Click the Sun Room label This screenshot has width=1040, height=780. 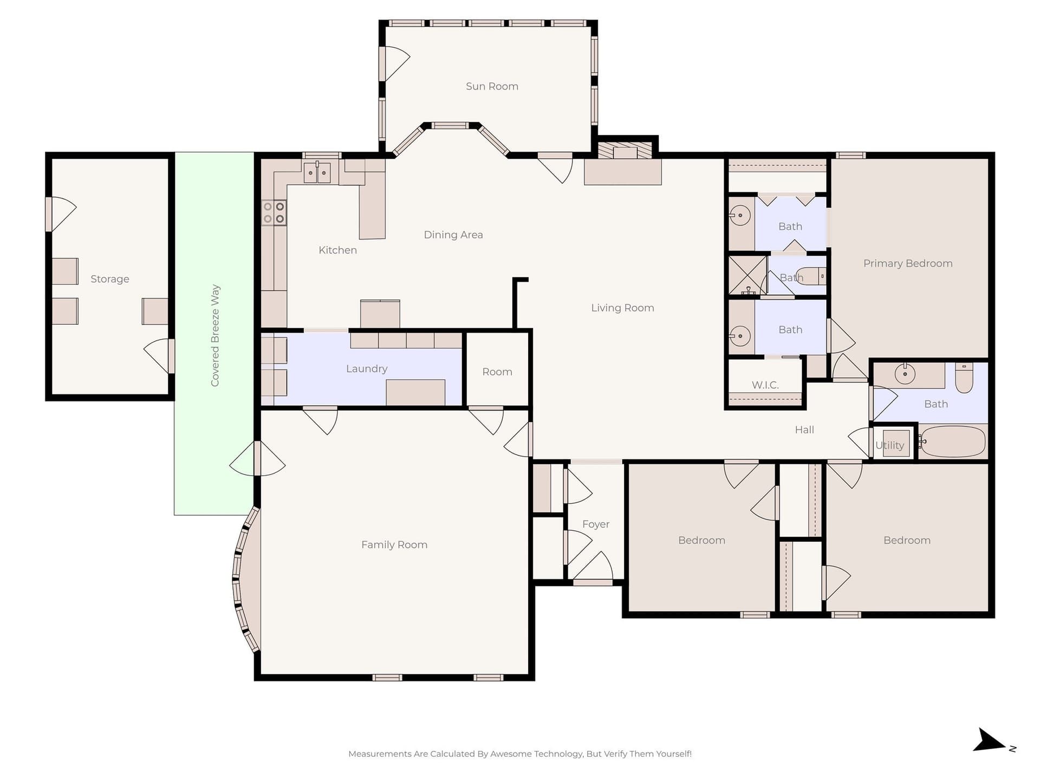[x=492, y=86]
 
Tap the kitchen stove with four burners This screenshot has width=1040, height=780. [x=274, y=212]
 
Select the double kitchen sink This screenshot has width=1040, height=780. [x=317, y=172]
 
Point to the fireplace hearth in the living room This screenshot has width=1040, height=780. [x=623, y=172]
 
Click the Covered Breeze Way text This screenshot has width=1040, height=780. [x=215, y=335]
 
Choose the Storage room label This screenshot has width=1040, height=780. [x=110, y=279]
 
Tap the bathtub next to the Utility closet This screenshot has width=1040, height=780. [x=952, y=441]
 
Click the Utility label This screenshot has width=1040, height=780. [x=889, y=445]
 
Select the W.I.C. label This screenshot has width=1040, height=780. [x=765, y=385]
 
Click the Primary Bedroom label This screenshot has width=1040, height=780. [x=908, y=264]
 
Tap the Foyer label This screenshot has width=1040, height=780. [x=596, y=524]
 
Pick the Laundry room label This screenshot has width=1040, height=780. [x=367, y=369]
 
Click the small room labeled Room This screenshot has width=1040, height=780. [x=497, y=372]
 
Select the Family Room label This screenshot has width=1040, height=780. [x=394, y=545]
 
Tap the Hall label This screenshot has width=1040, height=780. [x=804, y=430]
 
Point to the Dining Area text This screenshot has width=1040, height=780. [x=453, y=235]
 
